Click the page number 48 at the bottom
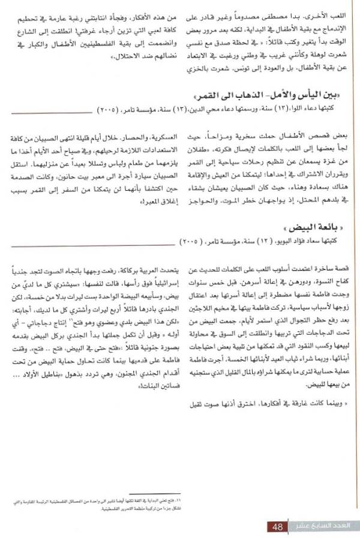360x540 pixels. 277,527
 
